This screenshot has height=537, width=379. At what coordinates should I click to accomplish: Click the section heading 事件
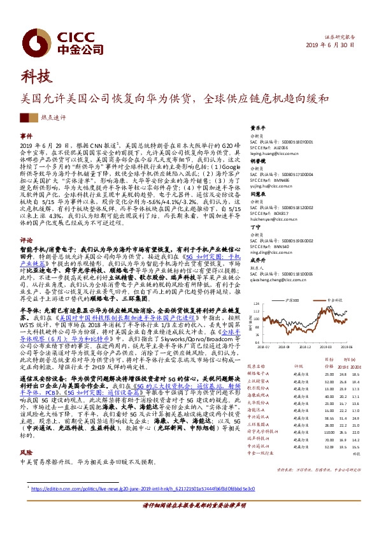click(x=26, y=136)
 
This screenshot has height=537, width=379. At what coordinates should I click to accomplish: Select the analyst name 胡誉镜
click(x=257, y=162)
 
